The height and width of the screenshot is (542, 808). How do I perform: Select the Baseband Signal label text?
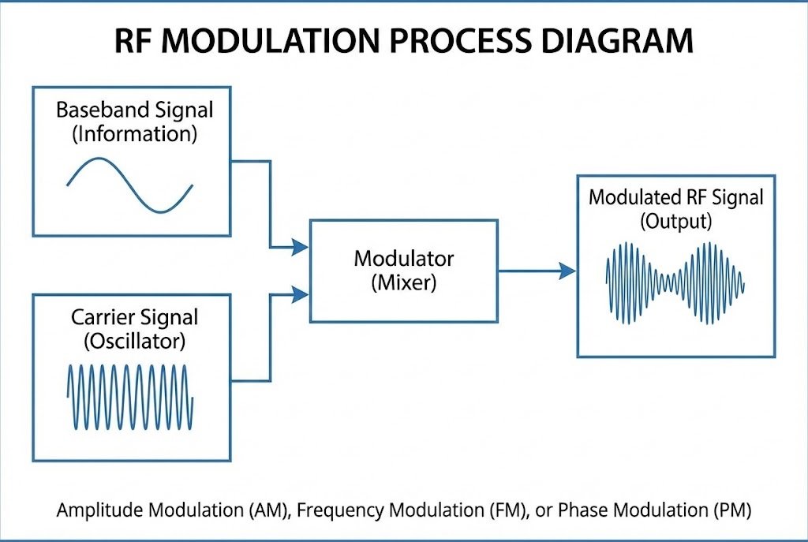[134, 109]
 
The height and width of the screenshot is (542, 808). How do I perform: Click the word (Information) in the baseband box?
[134, 133]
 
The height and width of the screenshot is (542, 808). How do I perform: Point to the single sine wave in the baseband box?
[130, 185]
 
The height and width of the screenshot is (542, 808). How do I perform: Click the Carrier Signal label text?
[134, 317]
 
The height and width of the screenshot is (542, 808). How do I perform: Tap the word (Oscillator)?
[134, 342]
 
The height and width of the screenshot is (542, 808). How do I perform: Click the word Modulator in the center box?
[403, 258]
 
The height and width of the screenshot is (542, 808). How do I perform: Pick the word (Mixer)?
[403, 282]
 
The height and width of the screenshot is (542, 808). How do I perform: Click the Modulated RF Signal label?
[676, 196]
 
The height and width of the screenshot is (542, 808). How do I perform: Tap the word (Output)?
[676, 221]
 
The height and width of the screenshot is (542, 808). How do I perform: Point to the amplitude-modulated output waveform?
[675, 280]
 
